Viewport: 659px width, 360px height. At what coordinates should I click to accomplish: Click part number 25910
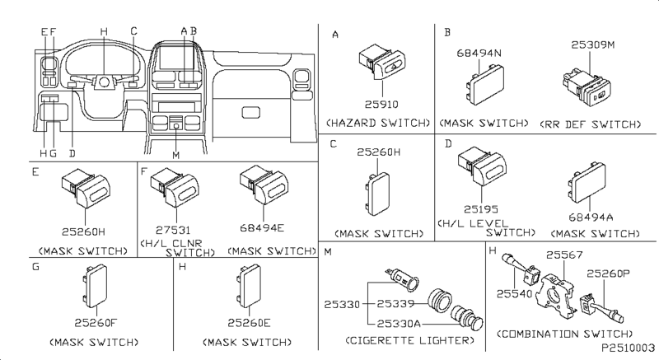click(376, 105)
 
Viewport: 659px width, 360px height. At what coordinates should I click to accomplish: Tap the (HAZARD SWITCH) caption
click(378, 123)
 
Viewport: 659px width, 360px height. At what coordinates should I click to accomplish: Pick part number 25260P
click(608, 273)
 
